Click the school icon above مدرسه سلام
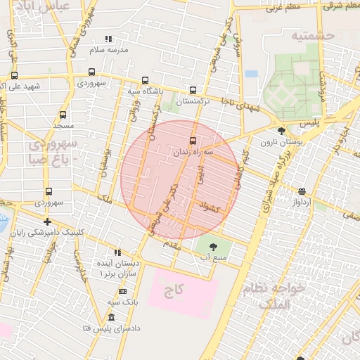point(108,39)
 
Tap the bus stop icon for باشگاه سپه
point(145,80)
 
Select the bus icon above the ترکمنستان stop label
point(193,91)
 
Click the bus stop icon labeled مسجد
point(63,115)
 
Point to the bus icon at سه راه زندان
point(193,140)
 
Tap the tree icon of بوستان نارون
point(281,131)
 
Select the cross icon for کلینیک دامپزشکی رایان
point(47,221)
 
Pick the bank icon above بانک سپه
point(122,291)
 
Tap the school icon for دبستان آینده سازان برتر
point(117,252)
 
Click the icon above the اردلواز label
point(302,191)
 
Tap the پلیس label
point(309,123)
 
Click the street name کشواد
point(210,207)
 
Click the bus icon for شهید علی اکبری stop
point(14,75)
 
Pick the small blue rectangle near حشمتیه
point(251,73)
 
